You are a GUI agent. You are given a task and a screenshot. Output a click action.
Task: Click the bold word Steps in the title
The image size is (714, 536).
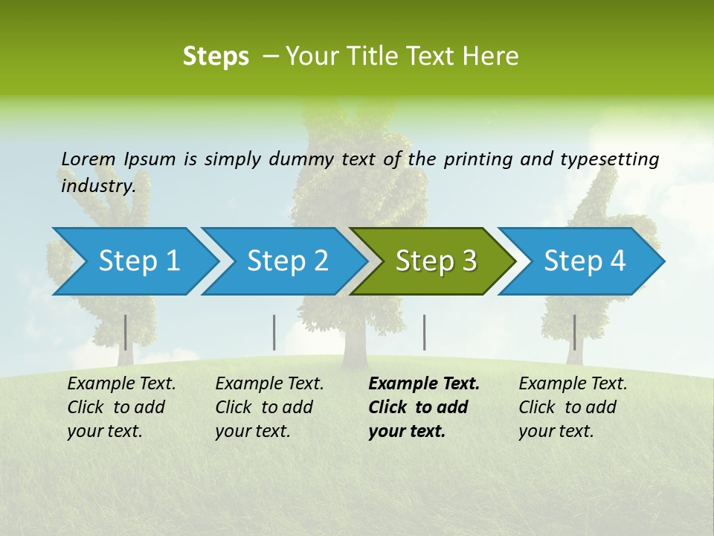216,57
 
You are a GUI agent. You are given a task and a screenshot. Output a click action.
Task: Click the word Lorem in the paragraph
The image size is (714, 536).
89,159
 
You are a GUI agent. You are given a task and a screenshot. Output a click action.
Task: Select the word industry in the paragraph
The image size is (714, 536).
97,185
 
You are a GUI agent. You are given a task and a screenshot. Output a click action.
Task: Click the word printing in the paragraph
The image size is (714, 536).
477,159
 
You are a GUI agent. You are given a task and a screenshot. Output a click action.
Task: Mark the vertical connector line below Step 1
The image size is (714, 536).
126,332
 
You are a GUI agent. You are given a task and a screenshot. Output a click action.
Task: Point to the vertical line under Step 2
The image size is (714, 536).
274,332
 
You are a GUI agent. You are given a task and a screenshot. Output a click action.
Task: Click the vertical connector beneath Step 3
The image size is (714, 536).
425,332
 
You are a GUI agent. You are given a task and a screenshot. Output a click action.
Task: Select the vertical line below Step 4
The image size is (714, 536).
574,332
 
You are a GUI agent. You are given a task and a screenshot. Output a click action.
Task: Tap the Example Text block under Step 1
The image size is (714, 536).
121,407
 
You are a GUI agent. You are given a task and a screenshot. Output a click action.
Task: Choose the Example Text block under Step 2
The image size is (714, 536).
269,407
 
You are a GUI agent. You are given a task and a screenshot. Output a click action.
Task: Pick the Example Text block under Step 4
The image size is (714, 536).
573,407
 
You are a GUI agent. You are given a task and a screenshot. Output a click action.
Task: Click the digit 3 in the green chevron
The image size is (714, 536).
469,261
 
